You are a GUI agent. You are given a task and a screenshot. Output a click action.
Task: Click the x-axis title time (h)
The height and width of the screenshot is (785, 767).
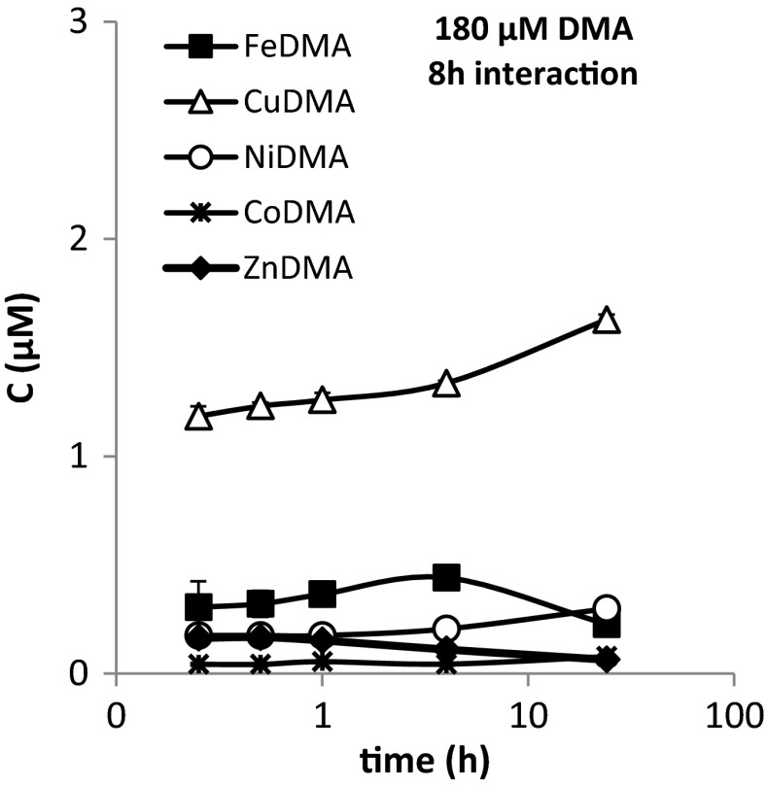pyautogui.click(x=423, y=758)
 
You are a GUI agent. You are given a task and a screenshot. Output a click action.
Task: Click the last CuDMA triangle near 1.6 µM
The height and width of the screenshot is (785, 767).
pyautogui.click(x=607, y=321)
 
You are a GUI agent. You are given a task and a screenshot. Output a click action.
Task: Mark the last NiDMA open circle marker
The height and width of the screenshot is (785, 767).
pyautogui.click(x=607, y=609)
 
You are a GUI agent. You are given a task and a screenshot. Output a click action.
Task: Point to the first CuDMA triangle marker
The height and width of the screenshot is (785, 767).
pyautogui.click(x=199, y=418)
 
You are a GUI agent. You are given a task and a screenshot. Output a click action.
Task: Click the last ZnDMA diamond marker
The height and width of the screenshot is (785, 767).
pyautogui.click(x=607, y=660)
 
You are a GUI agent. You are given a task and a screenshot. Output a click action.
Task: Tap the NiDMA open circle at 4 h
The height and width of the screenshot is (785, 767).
pyautogui.click(x=446, y=628)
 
